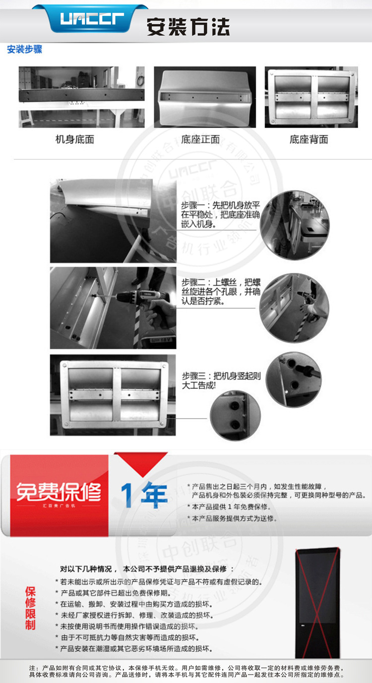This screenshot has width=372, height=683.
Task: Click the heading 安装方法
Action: tap(188, 26)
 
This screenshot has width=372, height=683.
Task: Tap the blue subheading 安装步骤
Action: tap(24, 50)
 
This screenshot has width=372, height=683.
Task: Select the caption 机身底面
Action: tap(74, 139)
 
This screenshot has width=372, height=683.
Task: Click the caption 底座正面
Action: tap(200, 139)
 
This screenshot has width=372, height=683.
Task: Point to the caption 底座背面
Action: tap(309, 139)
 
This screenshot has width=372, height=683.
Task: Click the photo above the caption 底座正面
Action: tap(205, 97)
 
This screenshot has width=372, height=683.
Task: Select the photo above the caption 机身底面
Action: tap(82, 97)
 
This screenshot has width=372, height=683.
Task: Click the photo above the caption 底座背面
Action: tap(311, 97)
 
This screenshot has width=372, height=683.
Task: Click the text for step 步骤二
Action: tap(220, 291)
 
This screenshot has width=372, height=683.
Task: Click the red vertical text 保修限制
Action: tap(31, 608)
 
